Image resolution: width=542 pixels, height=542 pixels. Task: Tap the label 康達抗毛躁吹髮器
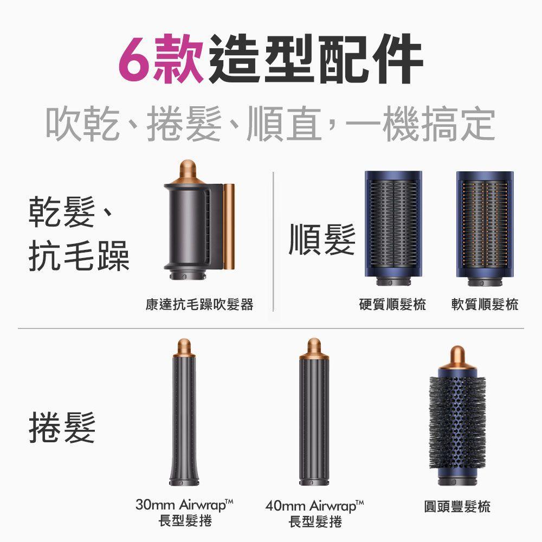click(199, 305)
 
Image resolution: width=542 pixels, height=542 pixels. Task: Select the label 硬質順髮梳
click(392, 305)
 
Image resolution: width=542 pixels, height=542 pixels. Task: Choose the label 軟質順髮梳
click(485, 305)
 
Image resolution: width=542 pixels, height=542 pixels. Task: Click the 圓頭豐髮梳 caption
click(457, 507)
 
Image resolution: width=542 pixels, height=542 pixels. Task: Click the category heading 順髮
click(322, 240)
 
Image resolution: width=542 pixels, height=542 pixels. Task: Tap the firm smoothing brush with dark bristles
click(393, 228)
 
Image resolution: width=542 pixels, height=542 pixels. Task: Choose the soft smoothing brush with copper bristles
click(485, 228)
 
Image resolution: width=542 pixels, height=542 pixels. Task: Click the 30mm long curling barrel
click(184, 417)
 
